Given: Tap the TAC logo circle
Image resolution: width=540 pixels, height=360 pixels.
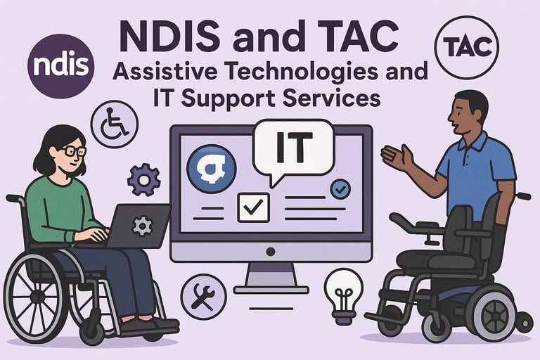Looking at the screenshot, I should click(468, 47).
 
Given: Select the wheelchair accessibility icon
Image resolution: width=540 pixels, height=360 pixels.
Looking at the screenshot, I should click(115, 124).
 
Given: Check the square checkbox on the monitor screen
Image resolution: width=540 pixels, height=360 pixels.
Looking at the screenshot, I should click(253, 207).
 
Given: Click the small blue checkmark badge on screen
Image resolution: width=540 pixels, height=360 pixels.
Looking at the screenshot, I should click(340, 188).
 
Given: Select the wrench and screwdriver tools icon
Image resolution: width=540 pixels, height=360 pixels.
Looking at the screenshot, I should click(203, 296).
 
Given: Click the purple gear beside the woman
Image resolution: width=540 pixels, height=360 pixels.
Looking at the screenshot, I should click(143, 179).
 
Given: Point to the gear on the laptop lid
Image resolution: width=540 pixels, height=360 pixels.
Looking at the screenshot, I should click(143, 226).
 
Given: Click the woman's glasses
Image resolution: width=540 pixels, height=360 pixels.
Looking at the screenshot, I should click(74, 150).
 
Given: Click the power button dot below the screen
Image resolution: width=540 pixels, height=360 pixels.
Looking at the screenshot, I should click(271, 252).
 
